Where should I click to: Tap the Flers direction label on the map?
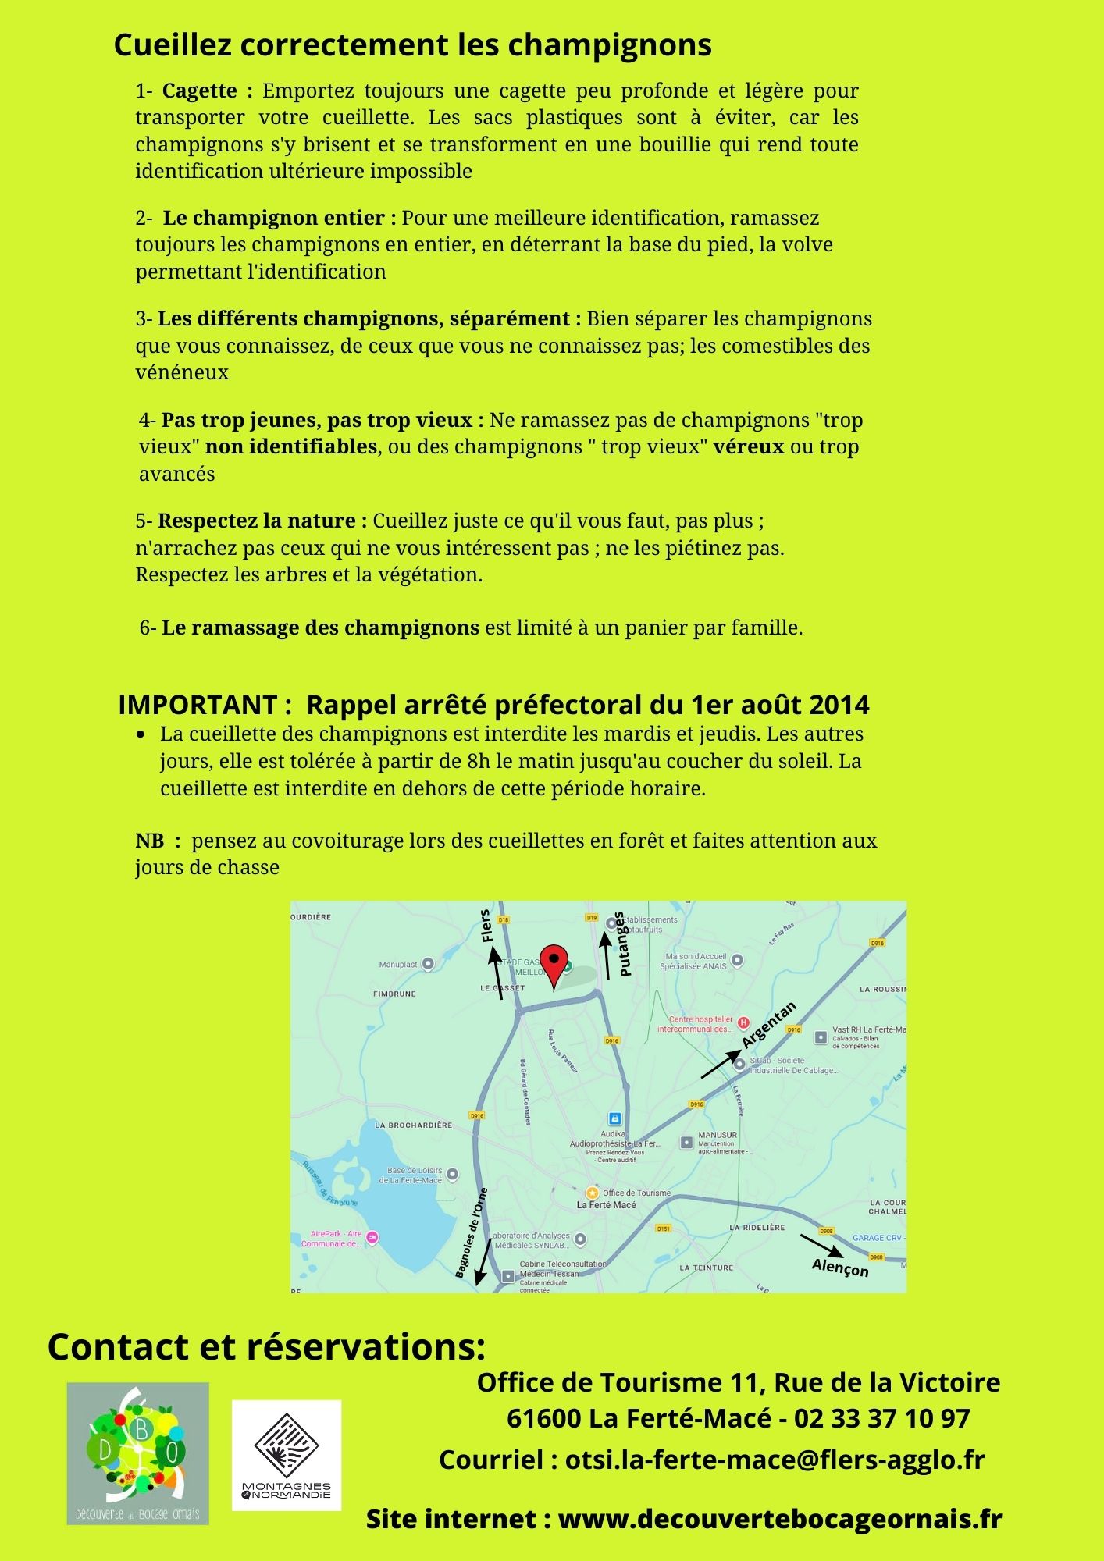coord(486,926)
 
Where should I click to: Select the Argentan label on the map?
coord(769,1025)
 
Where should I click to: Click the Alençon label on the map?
coord(840,1268)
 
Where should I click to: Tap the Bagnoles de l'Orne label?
coord(472,1233)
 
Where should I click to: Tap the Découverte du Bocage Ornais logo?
coord(138,1453)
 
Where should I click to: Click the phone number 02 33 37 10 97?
coord(881,1417)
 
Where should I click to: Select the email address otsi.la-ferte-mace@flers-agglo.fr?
coord(775,1460)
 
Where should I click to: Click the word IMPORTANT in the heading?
coord(198,705)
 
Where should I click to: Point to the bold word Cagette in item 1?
coord(199,91)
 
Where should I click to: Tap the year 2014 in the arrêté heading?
coord(839,705)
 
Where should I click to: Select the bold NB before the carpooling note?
coord(150,841)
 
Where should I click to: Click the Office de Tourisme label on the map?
coord(636,1193)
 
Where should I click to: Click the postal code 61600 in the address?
coord(544,1417)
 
